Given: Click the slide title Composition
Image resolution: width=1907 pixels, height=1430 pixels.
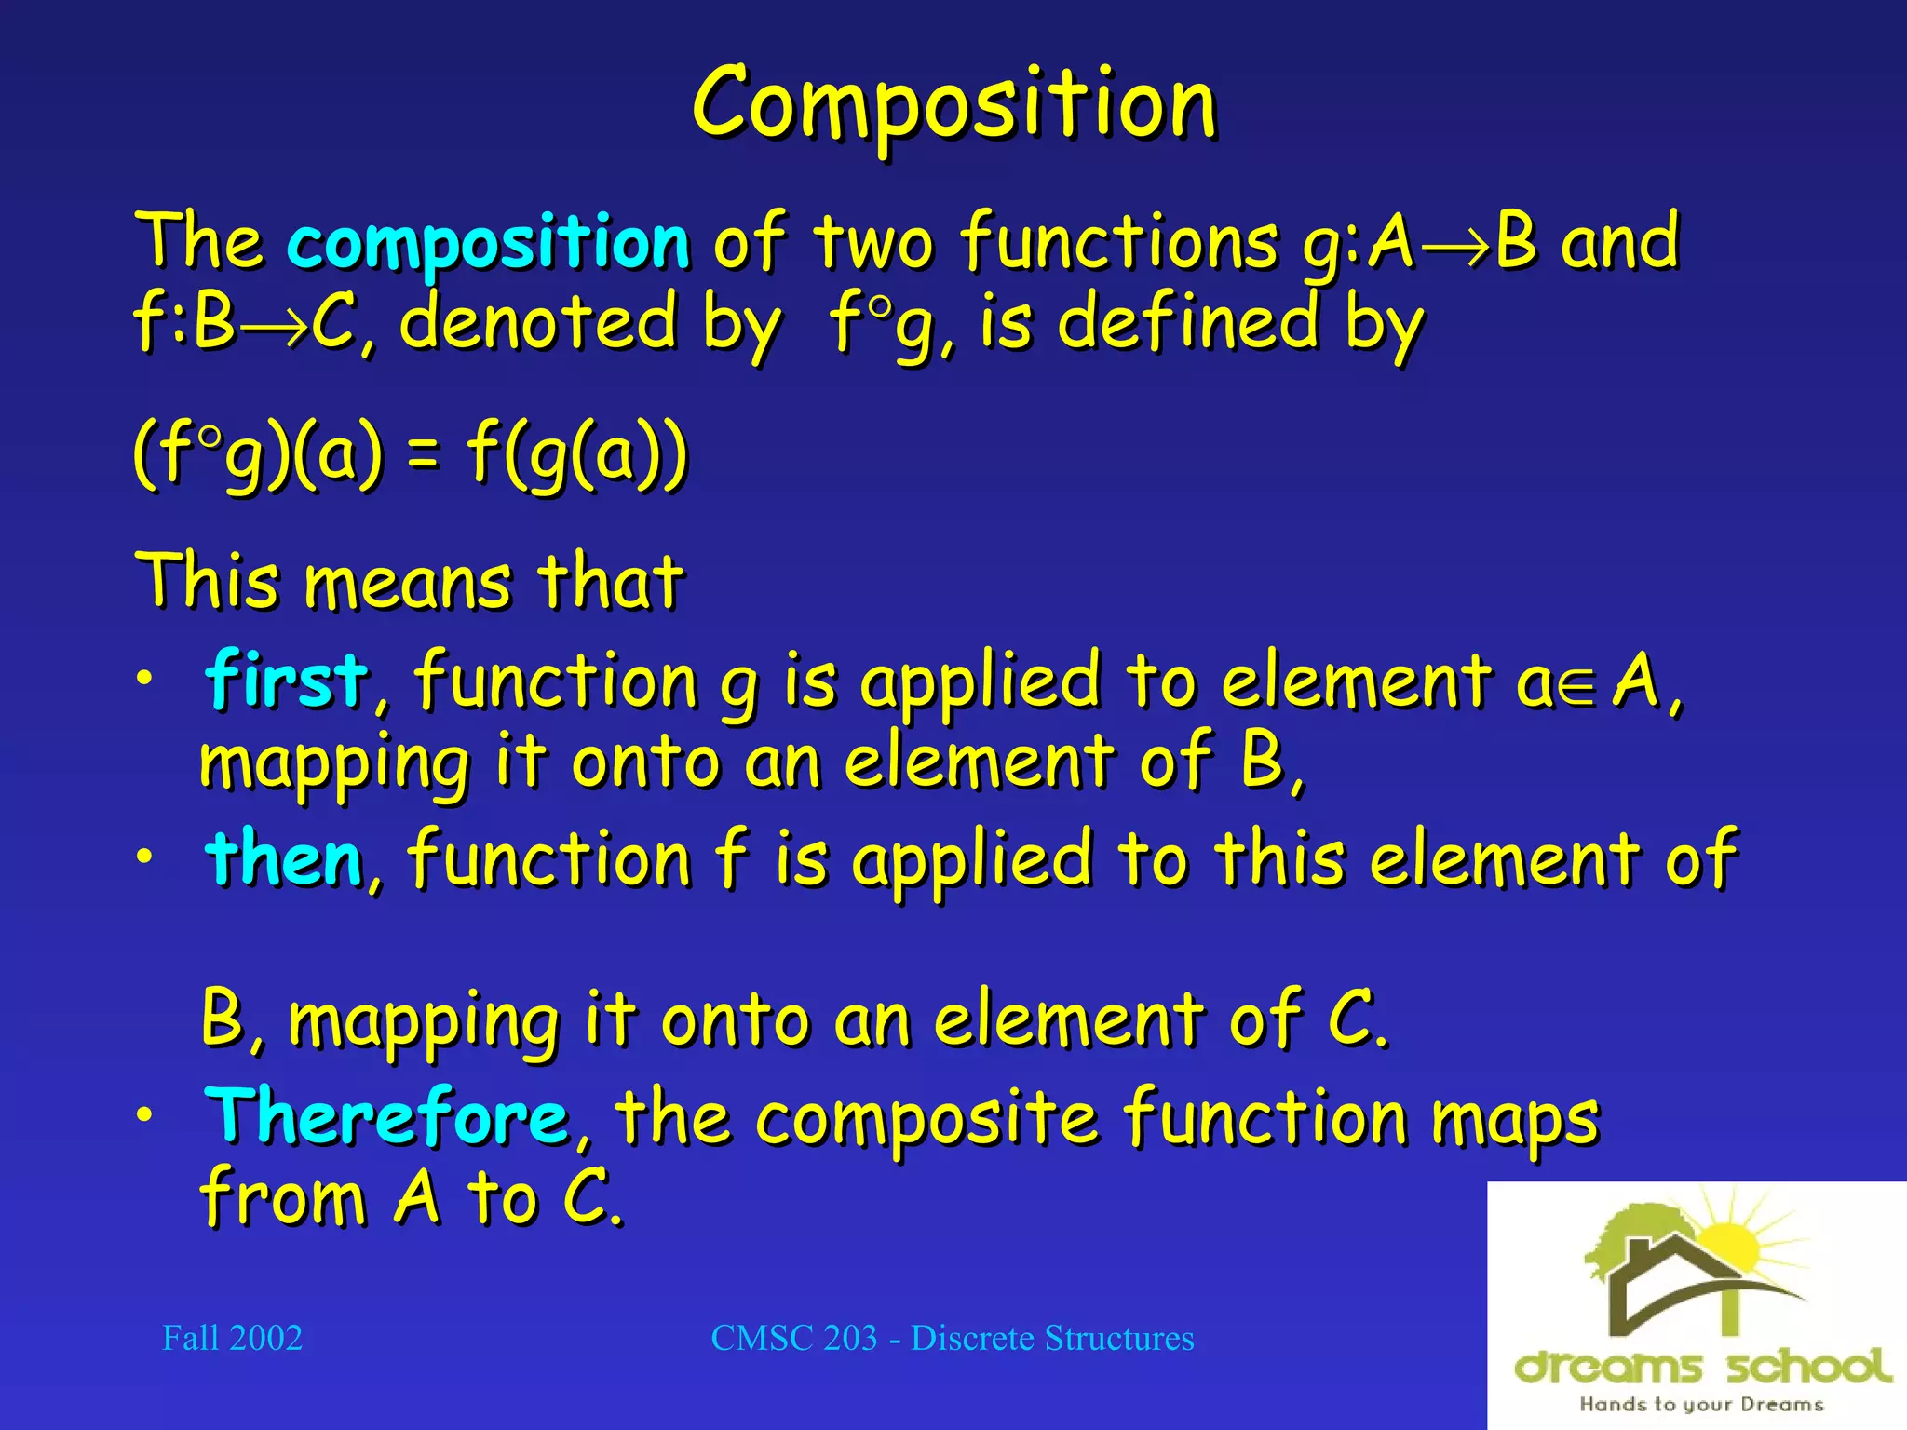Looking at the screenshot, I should click(x=953, y=104).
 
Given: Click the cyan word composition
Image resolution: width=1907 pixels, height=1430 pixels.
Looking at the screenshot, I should click(x=488, y=242).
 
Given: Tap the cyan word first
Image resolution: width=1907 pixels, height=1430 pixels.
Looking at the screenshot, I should click(x=287, y=680).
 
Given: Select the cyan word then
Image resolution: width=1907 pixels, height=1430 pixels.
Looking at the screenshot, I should click(x=284, y=858).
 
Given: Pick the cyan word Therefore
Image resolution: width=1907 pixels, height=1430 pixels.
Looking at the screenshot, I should click(x=386, y=1116).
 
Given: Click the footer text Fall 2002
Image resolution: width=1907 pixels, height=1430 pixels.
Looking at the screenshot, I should click(x=232, y=1338).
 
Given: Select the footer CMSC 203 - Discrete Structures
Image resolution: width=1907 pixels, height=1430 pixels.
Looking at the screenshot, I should click(x=952, y=1338).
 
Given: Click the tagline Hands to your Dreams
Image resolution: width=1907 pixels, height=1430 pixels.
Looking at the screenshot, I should click(x=1700, y=1404).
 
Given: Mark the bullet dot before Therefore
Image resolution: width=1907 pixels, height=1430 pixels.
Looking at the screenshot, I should click(x=144, y=1114).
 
